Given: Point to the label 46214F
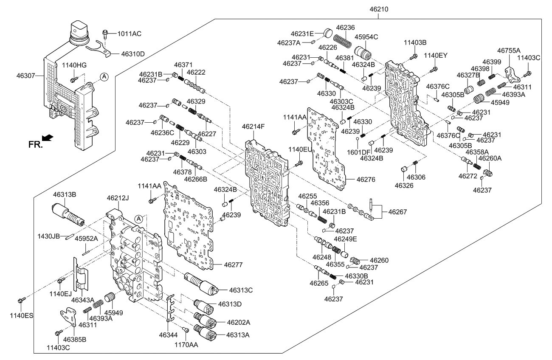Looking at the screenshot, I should [x=253, y=127].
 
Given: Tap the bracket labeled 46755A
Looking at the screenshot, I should [x=513, y=74].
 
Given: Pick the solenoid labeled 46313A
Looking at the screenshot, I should [x=205, y=332].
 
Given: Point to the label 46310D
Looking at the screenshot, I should [x=133, y=54].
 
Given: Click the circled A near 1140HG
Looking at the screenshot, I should [x=104, y=76].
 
